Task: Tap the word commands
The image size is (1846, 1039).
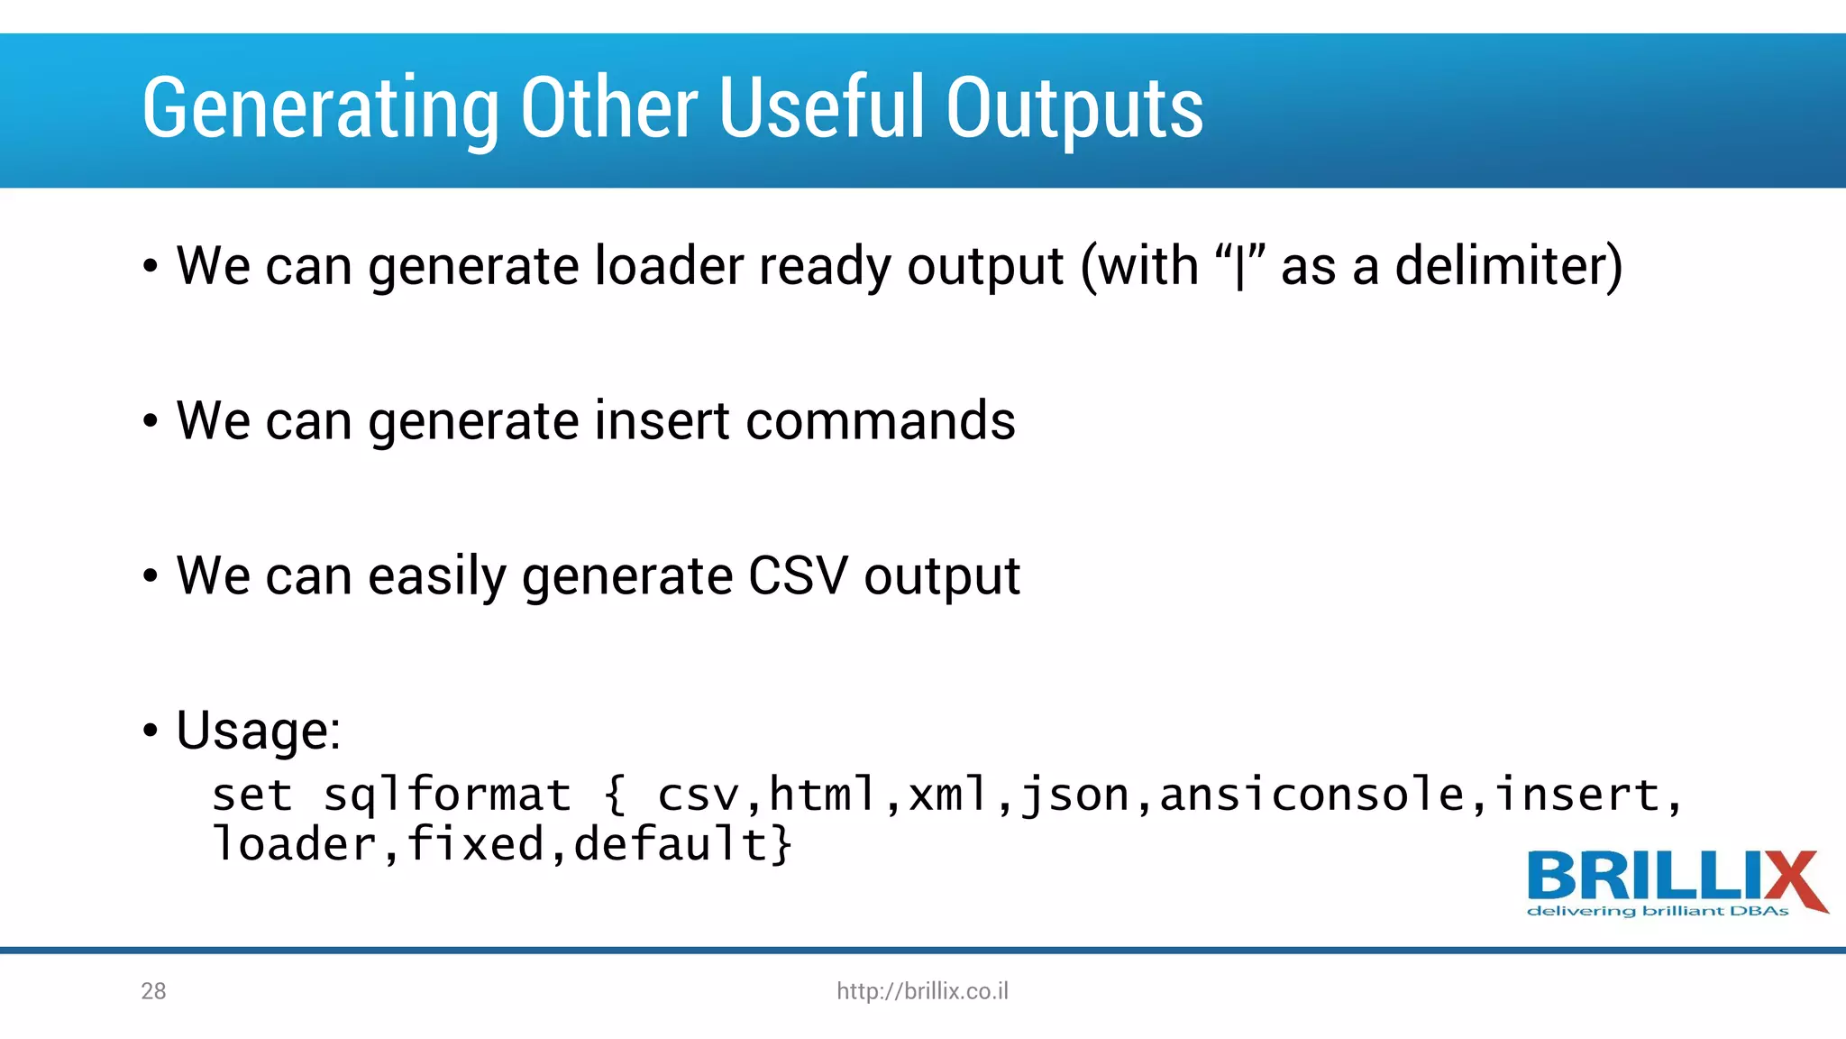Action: tap(880, 421)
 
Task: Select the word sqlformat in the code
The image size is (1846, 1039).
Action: tap(447, 795)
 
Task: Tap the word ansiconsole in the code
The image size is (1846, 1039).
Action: tap(1311, 795)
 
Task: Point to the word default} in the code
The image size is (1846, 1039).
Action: tap(683, 845)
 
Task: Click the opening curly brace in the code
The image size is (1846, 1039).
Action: tap(615, 795)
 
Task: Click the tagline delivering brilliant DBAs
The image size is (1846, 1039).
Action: tap(1657, 911)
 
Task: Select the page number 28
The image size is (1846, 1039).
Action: tap(153, 991)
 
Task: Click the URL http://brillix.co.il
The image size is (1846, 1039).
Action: tap(922, 991)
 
